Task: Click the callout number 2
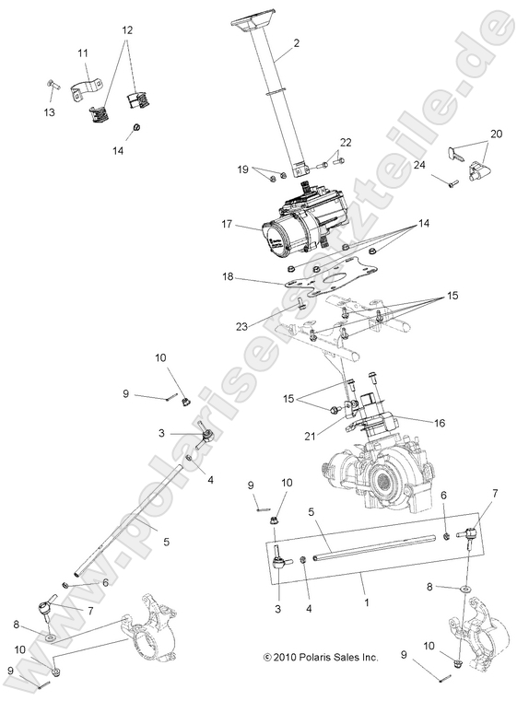coord(296,44)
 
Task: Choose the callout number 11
coord(83,53)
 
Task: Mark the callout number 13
coord(49,111)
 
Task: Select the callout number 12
coord(127,29)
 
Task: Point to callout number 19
coord(243,169)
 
